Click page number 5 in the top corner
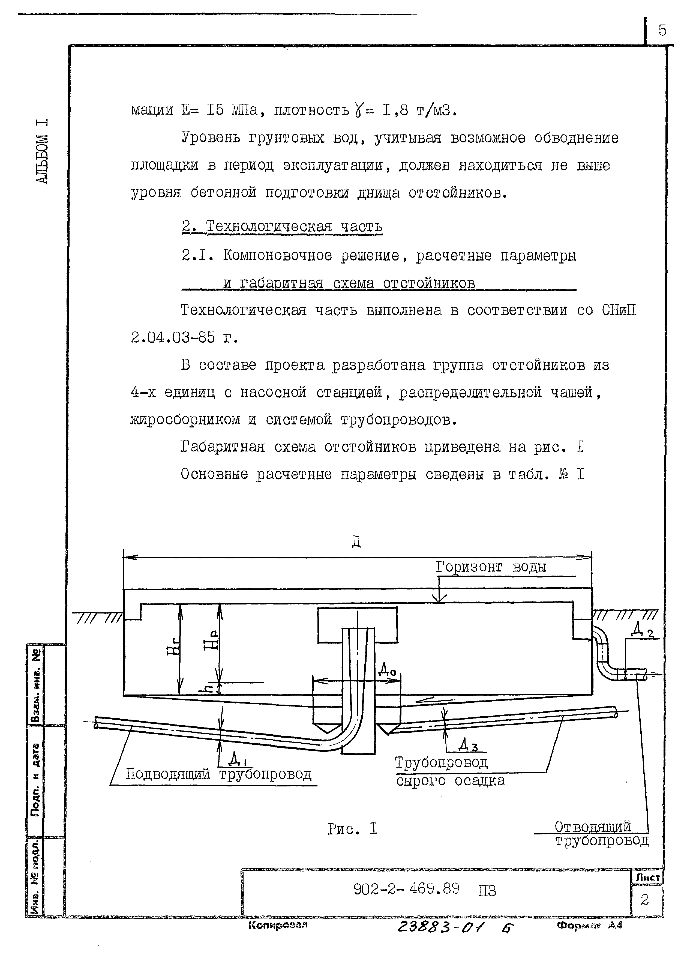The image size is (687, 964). tap(662, 31)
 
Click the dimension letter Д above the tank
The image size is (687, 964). tap(356, 542)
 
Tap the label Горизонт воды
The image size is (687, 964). tap(491, 567)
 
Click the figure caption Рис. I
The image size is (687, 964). tap(352, 829)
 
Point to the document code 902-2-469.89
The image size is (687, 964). tap(406, 889)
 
